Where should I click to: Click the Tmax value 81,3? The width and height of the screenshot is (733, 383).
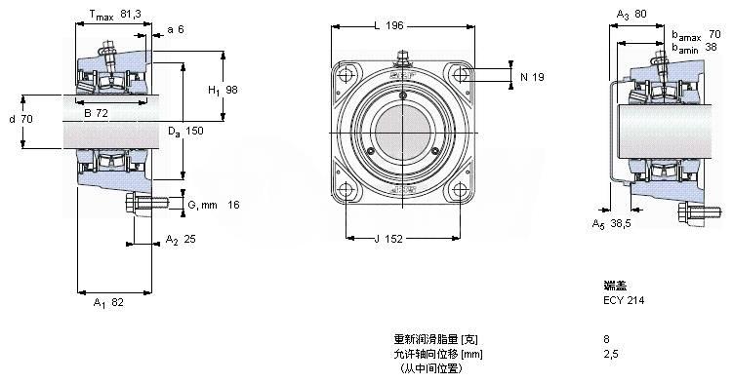click(131, 15)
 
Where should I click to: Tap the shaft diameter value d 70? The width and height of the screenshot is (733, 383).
click(21, 119)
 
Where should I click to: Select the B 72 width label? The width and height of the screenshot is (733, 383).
click(97, 113)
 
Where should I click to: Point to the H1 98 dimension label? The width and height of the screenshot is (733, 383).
click(223, 90)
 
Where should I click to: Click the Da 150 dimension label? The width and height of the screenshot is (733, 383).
click(186, 132)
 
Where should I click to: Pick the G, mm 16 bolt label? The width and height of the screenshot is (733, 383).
click(214, 205)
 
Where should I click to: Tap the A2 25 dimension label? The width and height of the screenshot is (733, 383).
click(181, 240)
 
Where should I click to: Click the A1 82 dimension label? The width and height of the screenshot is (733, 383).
click(108, 303)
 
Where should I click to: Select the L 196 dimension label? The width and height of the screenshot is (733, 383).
click(388, 25)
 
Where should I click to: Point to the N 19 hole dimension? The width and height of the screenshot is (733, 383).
click(533, 77)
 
